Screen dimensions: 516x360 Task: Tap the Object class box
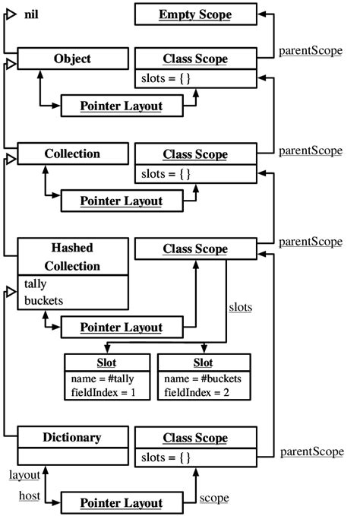tap(72, 59)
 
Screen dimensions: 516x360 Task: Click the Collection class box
tap(72, 154)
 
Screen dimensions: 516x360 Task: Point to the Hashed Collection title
tap(72, 258)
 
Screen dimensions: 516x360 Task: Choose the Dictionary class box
tap(72, 437)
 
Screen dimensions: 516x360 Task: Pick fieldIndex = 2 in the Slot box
tap(196, 394)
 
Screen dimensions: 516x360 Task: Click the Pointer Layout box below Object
tap(122, 106)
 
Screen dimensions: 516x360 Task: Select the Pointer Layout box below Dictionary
tap(122, 503)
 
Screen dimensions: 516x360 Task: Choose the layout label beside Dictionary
tap(24, 474)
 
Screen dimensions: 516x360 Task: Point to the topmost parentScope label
tap(311, 53)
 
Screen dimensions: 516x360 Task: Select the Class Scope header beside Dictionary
tap(195, 438)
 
